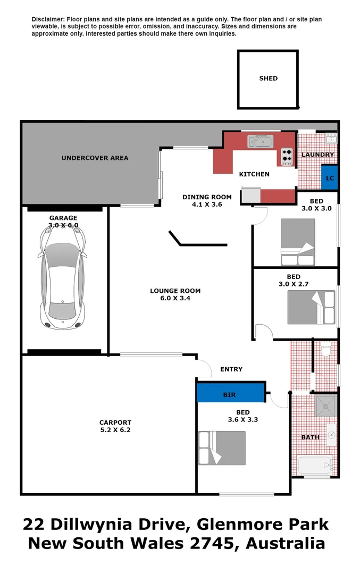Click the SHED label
point(268,78)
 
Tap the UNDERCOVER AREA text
point(95,158)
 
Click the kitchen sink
point(260,141)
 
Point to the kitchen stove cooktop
point(287,155)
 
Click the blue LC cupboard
point(330,178)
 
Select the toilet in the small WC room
point(326,349)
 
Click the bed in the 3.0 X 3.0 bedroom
point(298,242)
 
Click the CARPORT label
point(115,423)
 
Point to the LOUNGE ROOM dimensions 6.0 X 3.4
point(175,298)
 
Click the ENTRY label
point(231,369)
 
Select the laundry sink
point(330,139)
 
